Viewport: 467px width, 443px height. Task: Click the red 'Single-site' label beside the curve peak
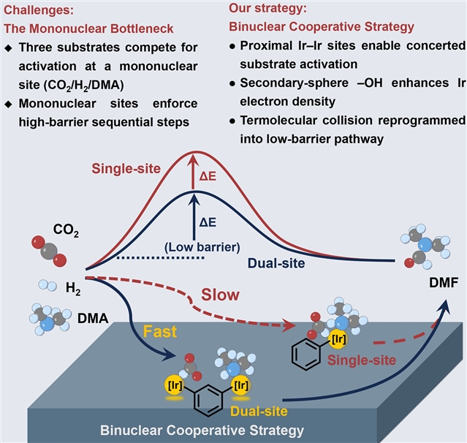click(x=126, y=169)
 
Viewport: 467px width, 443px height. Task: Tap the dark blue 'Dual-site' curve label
click(x=276, y=263)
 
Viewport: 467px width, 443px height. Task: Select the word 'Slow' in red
click(x=220, y=295)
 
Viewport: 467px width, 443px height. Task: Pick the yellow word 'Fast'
click(x=160, y=331)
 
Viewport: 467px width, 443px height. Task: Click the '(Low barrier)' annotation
click(x=202, y=247)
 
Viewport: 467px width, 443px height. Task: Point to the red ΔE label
click(x=208, y=176)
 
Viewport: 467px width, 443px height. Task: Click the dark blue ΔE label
click(x=208, y=222)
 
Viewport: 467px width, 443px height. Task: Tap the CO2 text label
click(x=66, y=230)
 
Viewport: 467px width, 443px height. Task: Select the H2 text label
click(x=73, y=289)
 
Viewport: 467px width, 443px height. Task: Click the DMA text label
click(x=93, y=319)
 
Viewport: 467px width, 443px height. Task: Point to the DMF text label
click(x=444, y=282)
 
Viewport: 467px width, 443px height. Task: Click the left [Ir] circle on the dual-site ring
click(x=175, y=385)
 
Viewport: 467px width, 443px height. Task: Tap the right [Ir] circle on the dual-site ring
click(x=241, y=385)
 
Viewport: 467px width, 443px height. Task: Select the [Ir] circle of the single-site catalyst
click(x=338, y=338)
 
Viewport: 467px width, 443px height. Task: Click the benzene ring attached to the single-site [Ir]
click(x=306, y=355)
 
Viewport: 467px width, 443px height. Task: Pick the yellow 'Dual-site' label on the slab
click(x=259, y=412)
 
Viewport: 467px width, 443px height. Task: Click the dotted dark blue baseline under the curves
click(x=161, y=258)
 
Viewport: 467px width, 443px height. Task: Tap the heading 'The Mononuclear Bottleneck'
click(x=88, y=29)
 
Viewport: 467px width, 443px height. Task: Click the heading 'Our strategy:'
click(x=267, y=8)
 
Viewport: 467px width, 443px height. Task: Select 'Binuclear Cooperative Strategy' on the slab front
click(x=202, y=431)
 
